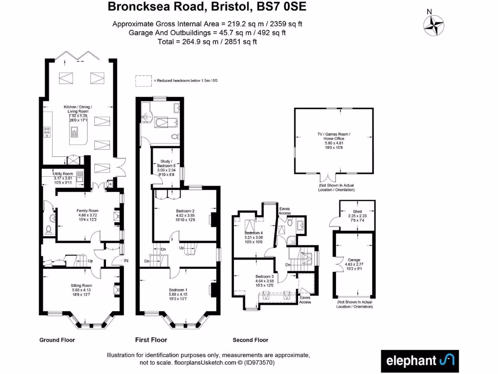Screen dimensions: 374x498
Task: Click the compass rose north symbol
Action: [434, 26]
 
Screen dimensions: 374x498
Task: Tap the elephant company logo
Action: [420, 360]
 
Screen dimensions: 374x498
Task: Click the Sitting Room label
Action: [81, 285]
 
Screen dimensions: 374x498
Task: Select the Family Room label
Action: [88, 211]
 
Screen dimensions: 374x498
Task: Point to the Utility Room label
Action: [63, 174]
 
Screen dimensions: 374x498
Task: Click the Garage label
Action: [354, 260]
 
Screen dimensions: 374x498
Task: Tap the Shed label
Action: [357, 212]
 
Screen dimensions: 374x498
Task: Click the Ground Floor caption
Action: [57, 340]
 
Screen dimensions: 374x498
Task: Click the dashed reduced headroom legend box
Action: [143, 80]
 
